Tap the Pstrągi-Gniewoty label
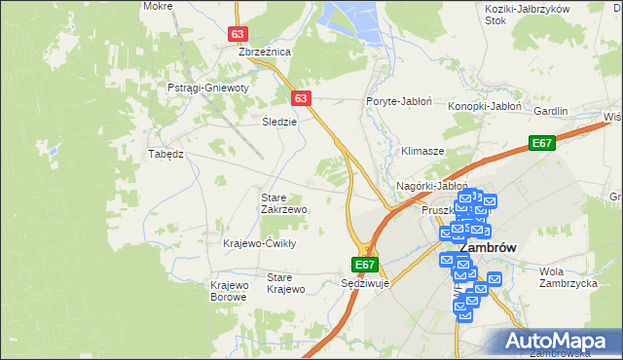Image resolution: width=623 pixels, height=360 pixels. pyautogui.click(x=208, y=88)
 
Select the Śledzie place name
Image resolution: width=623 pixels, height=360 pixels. pyautogui.click(x=279, y=123)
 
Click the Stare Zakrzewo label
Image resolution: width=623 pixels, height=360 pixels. pyautogui.click(x=284, y=203)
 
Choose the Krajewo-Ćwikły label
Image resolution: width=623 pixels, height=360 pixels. pyautogui.click(x=259, y=243)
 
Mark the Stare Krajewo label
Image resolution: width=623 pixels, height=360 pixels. pyautogui.click(x=286, y=283)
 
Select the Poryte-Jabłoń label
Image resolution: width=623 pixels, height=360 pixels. pyautogui.click(x=398, y=101)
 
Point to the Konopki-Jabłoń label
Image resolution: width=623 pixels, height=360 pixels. pyautogui.click(x=486, y=106)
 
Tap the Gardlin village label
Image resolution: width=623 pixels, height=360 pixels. pyautogui.click(x=550, y=111)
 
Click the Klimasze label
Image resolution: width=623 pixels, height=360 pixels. pyautogui.click(x=422, y=152)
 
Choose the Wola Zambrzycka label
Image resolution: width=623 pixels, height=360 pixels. pyautogui.click(x=567, y=278)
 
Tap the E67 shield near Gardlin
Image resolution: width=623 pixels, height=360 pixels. pyautogui.click(x=543, y=144)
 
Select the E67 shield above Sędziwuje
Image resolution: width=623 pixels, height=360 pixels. pyautogui.click(x=364, y=265)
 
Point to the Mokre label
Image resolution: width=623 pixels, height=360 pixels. pyautogui.click(x=158, y=6)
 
